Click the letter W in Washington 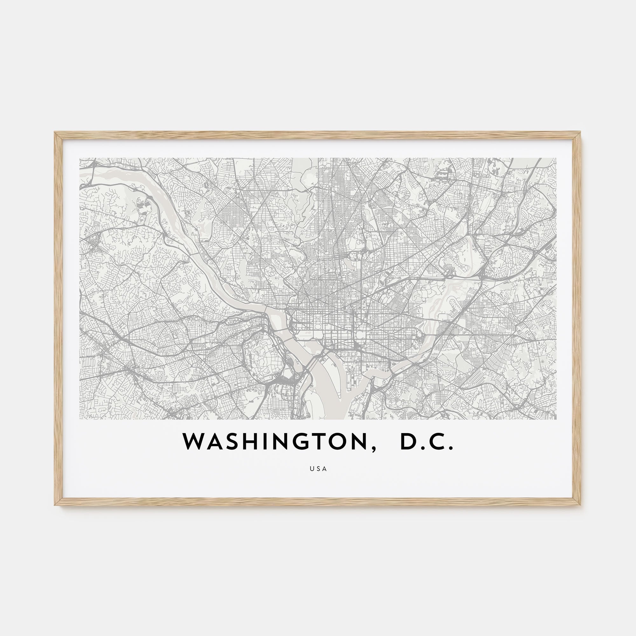(x=195, y=441)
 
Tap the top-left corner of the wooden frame (x=55, y=133)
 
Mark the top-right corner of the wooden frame (x=581, y=133)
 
